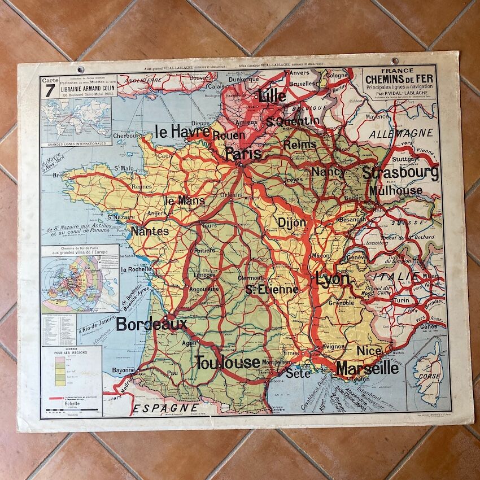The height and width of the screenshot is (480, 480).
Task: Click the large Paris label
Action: click(x=243, y=154)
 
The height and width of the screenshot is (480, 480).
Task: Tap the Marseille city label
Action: click(x=367, y=369)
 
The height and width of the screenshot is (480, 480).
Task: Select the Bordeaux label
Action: click(x=151, y=324)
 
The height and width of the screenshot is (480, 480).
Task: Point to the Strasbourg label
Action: click(x=400, y=172)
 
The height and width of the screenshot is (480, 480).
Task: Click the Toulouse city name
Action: click(x=228, y=363)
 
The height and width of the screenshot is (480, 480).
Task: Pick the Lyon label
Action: click(x=333, y=280)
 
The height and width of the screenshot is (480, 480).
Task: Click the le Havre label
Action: click(x=182, y=132)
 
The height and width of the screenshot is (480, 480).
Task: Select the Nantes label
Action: click(x=150, y=231)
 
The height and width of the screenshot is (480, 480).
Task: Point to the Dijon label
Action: click(x=291, y=222)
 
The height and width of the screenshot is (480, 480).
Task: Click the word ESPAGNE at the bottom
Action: click(x=165, y=407)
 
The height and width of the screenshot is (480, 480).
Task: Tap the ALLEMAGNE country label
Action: click(x=401, y=133)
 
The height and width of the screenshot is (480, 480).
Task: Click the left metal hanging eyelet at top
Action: click(x=80, y=69)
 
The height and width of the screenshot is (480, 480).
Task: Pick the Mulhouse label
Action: click(x=396, y=190)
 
